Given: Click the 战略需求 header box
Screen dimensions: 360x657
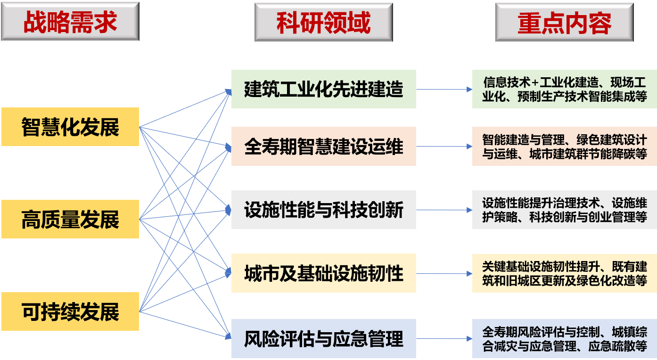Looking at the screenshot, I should click(x=70, y=22).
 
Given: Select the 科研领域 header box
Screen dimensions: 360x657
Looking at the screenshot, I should click(x=323, y=22).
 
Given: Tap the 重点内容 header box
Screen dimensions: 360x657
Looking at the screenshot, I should click(x=564, y=22).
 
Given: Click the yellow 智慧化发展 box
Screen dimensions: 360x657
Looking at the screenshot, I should click(x=70, y=127).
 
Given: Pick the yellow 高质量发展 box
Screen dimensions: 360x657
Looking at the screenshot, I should click(x=70, y=219).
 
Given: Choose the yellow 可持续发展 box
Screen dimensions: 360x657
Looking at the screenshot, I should click(x=70, y=311).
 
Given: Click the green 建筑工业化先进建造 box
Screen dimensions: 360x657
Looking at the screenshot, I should click(x=323, y=89).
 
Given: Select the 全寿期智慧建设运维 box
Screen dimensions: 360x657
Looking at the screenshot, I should click(x=323, y=146).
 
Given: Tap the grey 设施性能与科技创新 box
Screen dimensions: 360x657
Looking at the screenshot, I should click(x=323, y=210).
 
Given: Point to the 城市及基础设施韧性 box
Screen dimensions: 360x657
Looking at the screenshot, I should click(x=323, y=273).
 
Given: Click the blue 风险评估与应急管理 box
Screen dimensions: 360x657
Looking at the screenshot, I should click(x=323, y=338).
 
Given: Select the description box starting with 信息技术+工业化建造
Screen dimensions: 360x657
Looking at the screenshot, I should click(x=564, y=89).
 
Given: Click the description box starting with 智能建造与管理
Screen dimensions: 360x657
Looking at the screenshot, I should click(x=564, y=146).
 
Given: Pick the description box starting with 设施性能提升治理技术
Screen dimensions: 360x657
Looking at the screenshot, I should click(x=564, y=210).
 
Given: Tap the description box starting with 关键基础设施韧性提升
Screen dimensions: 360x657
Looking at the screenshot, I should click(x=564, y=273).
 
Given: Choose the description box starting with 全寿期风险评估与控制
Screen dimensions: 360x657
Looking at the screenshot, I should click(x=564, y=338).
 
